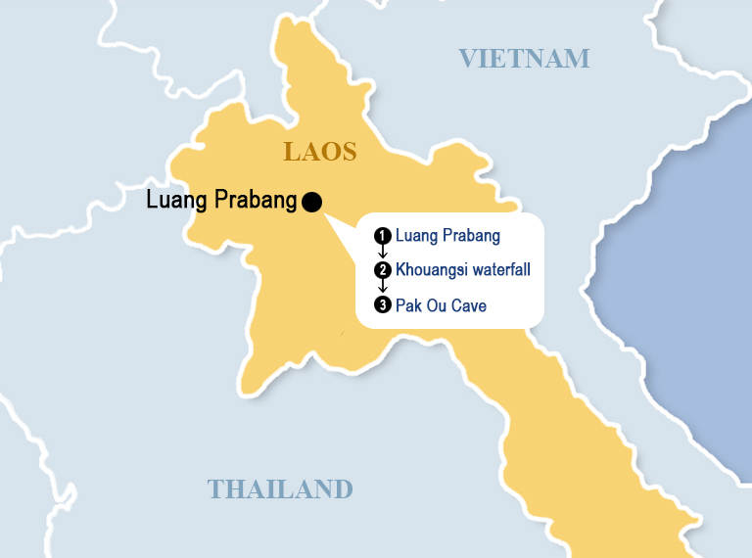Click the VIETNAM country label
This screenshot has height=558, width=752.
pos(525,59)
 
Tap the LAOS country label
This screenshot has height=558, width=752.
pos(320,152)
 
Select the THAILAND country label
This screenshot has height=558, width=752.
pos(280,488)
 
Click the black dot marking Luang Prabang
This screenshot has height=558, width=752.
pos(312,202)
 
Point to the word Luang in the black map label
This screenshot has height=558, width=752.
pos(177,202)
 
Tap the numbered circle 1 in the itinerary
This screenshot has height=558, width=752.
pos(383,236)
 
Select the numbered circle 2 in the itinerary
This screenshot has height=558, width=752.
pos(383,270)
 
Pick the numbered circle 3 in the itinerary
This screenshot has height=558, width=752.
pos(383,305)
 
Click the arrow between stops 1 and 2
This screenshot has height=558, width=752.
pos(383,253)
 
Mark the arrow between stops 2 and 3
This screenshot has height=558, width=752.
pos(383,288)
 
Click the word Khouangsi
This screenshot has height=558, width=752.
pos(429,270)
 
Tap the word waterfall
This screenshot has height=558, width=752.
pos(498,270)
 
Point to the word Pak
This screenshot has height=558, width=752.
pos(407,305)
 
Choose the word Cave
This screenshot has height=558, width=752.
pos(468,305)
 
